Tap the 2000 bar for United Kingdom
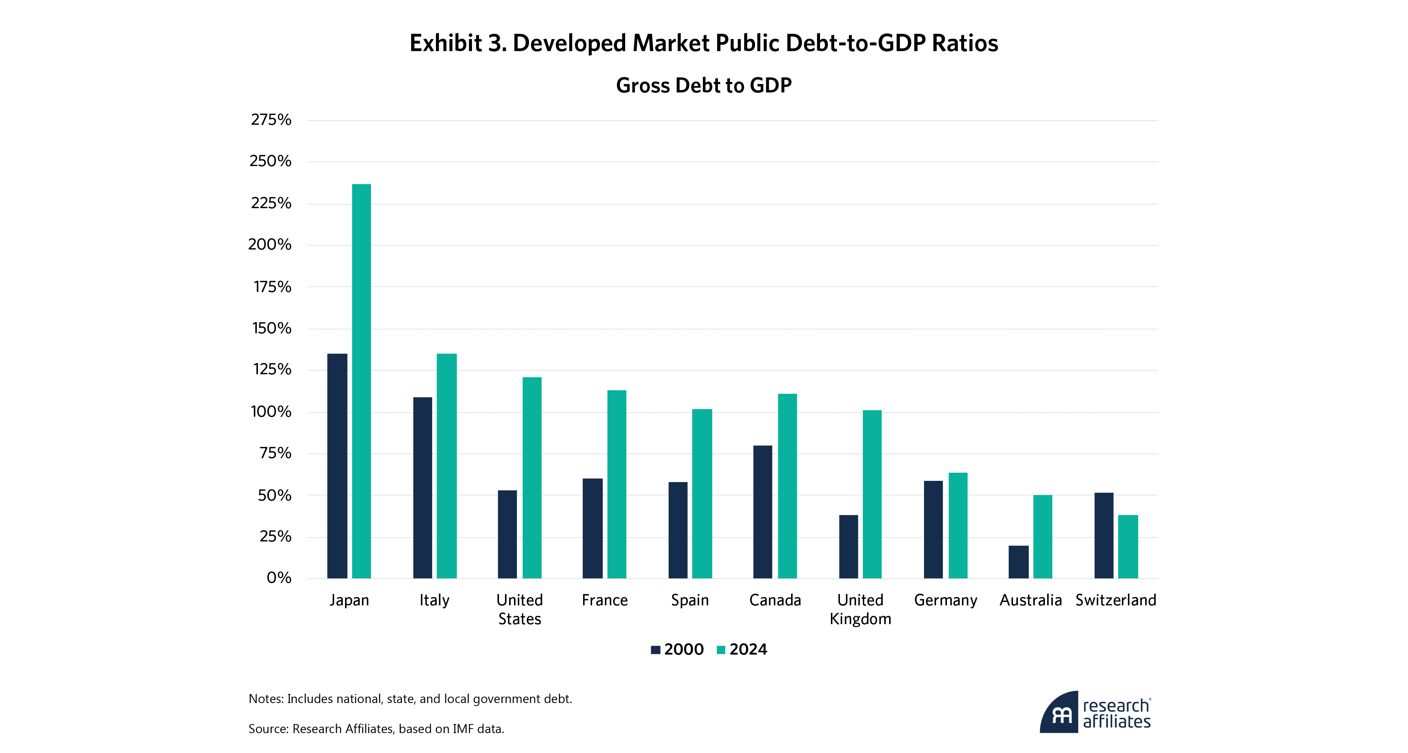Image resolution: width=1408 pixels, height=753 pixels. pyautogui.click(x=848, y=546)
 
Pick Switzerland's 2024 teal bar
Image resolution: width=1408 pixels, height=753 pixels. pyautogui.click(x=1128, y=546)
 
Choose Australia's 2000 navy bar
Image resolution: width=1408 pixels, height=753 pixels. pyautogui.click(x=1018, y=562)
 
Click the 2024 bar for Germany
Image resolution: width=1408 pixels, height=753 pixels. pyautogui.click(x=957, y=525)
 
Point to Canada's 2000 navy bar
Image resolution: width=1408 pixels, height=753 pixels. pyautogui.click(x=763, y=512)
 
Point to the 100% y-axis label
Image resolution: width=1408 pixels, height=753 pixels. pyautogui.click(x=271, y=412)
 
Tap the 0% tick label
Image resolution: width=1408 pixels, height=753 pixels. pyautogui.click(x=279, y=578)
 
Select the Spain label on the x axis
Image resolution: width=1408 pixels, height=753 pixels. pyautogui.click(x=690, y=600)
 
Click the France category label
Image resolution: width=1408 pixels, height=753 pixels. pyautogui.click(x=605, y=600)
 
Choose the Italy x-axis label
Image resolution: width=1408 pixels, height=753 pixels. pyautogui.click(x=434, y=600)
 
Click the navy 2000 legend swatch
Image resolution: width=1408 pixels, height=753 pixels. pyautogui.click(x=655, y=650)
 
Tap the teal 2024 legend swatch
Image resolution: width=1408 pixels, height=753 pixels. pyautogui.click(x=721, y=650)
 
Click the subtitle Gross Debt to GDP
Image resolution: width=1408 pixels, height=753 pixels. pyautogui.click(x=704, y=85)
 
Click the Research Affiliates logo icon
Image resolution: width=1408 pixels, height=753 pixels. pyautogui.click(x=1059, y=712)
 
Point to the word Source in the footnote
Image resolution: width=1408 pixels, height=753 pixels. pyautogui.click(x=267, y=729)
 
